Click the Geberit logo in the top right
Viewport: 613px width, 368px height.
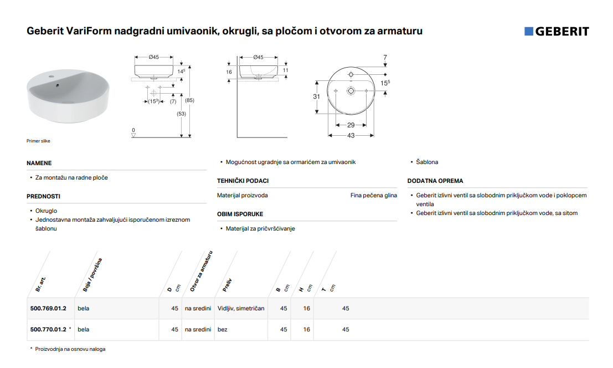[x=557, y=31]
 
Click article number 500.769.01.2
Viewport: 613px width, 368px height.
[x=48, y=308]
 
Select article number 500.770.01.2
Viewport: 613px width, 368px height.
[x=48, y=329]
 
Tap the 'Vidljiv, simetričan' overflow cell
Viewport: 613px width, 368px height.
[x=241, y=308]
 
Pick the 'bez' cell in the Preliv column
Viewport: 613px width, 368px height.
[x=223, y=329]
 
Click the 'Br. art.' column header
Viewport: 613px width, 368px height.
[x=40, y=284]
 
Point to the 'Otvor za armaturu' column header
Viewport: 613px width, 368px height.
[x=202, y=271]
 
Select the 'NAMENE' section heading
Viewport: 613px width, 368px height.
[x=39, y=163]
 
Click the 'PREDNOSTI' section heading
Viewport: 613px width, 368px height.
[x=43, y=196]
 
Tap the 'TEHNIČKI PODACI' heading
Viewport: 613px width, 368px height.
[x=243, y=181]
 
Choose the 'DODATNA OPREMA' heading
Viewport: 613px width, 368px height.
[x=435, y=181]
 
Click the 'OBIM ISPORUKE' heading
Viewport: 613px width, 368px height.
[x=240, y=214]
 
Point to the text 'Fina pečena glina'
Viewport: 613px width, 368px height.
[x=373, y=195]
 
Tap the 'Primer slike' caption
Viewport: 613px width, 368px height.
[x=38, y=141]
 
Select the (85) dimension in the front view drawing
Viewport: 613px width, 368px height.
[x=189, y=100]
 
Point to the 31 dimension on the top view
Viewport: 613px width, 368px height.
[x=316, y=96]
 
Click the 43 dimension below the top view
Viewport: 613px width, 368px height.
[x=351, y=135]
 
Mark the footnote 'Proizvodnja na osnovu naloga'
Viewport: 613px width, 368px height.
[x=70, y=349]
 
